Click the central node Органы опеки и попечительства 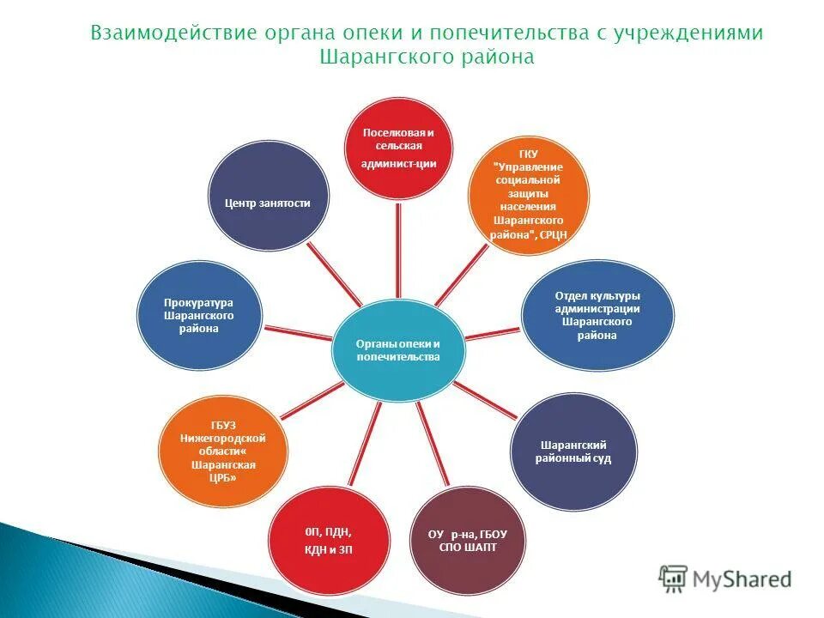397,349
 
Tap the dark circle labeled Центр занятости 267,202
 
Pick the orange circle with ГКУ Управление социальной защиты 528,196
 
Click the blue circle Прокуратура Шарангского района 198,315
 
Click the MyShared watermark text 743,579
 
